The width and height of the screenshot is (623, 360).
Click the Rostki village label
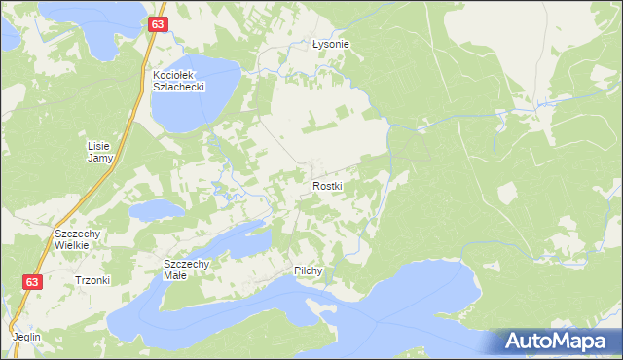click(328, 185)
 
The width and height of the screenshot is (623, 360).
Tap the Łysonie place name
click(330, 45)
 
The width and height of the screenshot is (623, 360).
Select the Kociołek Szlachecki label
click(176, 80)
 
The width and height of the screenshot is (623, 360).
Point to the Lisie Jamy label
click(100, 151)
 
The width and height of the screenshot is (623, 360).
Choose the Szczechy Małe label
click(187, 269)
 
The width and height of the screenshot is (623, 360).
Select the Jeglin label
click(27, 337)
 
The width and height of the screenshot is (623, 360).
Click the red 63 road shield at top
click(159, 23)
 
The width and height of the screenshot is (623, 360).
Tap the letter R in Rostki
click(315, 185)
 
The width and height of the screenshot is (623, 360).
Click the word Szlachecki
click(176, 86)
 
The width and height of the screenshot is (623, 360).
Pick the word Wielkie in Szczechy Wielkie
click(72, 245)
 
